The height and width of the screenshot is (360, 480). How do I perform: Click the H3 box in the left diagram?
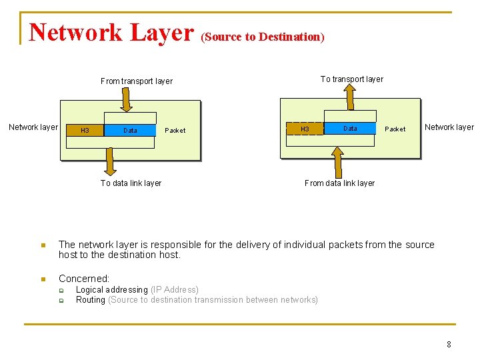click(x=85, y=130)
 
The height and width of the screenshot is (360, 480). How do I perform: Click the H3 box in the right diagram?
click(x=305, y=129)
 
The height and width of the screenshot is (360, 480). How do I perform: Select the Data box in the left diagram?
click(x=131, y=130)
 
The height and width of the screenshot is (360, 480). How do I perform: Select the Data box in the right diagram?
click(x=350, y=128)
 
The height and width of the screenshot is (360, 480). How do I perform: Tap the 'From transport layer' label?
click(x=137, y=81)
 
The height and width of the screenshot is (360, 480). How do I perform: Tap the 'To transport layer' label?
click(x=352, y=79)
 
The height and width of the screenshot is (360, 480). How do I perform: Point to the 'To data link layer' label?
click(x=131, y=183)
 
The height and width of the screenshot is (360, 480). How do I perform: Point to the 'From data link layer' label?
click(x=339, y=183)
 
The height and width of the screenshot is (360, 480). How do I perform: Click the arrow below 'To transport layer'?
click(x=350, y=98)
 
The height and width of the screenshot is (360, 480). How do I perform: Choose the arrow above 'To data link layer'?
click(x=111, y=161)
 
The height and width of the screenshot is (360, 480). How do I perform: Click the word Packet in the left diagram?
click(x=175, y=131)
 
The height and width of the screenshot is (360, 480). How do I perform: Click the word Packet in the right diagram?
click(x=395, y=129)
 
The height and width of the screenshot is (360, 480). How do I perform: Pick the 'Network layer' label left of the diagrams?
click(x=33, y=127)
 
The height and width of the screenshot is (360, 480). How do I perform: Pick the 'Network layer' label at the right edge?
click(x=449, y=127)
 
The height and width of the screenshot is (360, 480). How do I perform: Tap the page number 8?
click(x=449, y=345)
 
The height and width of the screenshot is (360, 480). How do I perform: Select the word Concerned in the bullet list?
click(x=83, y=279)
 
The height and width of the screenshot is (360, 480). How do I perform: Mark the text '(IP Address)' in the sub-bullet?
click(x=175, y=290)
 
